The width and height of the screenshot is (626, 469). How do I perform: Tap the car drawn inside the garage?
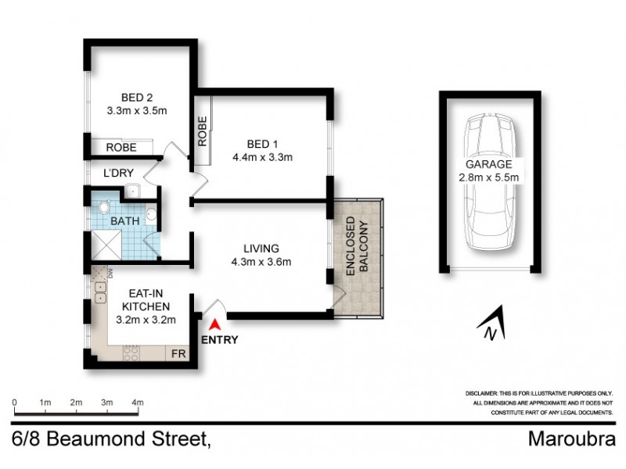click(x=491, y=184)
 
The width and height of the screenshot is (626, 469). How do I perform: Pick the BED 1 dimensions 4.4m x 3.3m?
click(x=258, y=158)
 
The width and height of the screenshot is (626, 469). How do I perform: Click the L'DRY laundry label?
click(x=108, y=173)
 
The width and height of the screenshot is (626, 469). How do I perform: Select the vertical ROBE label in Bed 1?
click(x=202, y=131)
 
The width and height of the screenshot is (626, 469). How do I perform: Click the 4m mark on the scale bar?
click(x=138, y=402)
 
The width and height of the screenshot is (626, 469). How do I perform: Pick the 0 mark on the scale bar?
click(x=15, y=402)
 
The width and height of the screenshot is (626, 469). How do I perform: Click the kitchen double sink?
click(x=99, y=292)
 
